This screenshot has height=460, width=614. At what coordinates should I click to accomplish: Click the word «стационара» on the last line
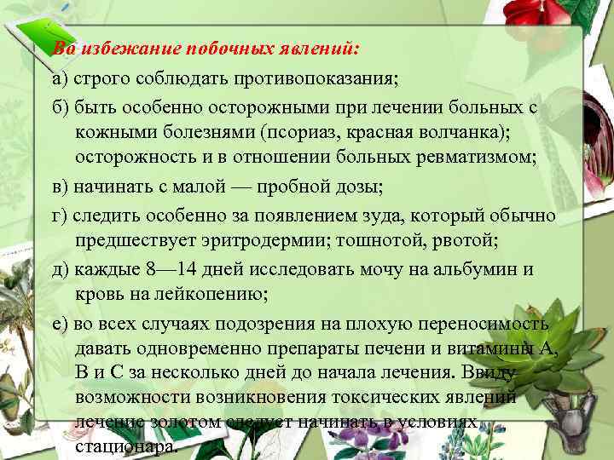point(127,447)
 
